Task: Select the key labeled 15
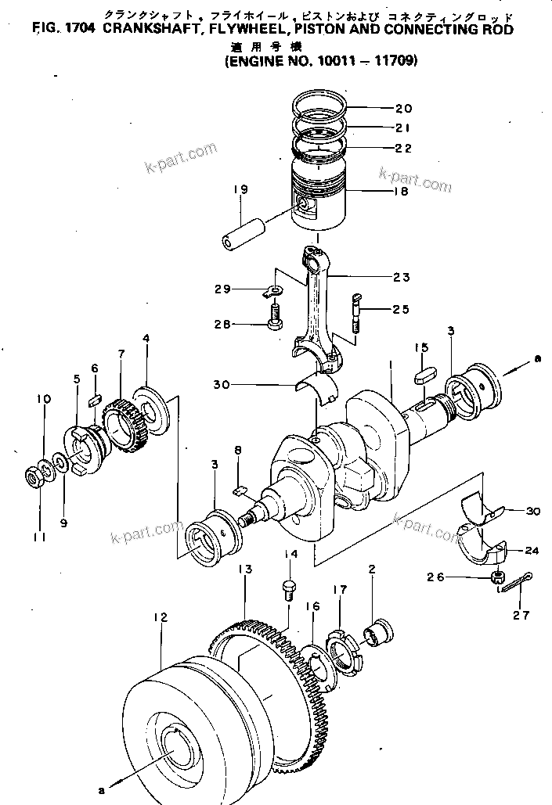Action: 423,372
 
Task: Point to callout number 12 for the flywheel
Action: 161,617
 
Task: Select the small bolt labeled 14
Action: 288,589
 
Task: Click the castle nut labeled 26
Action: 496,577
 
